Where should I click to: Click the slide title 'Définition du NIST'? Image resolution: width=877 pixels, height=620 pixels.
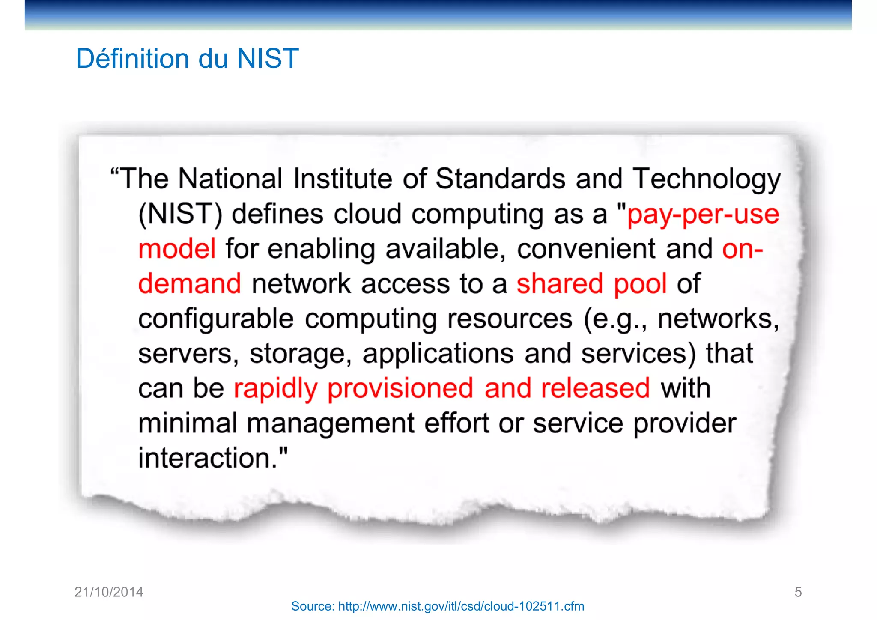(187, 58)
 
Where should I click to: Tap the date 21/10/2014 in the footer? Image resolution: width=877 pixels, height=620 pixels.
(109, 592)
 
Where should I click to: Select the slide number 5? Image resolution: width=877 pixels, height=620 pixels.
(798, 592)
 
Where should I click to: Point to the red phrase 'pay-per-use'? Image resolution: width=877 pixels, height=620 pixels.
(703, 214)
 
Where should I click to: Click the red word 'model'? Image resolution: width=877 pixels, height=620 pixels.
(177, 249)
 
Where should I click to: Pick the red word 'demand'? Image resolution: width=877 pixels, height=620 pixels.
(190, 284)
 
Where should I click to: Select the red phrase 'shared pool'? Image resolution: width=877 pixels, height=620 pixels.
(591, 284)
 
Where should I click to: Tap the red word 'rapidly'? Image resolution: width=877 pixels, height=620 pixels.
(275, 389)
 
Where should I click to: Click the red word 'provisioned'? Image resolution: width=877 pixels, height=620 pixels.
(400, 389)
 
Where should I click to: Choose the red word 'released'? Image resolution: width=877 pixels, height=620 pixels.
(596, 388)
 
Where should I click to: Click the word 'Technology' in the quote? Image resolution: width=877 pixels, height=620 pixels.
(707, 179)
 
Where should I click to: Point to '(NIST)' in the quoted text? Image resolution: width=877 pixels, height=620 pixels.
(180, 214)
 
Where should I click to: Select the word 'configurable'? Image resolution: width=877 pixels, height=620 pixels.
(216, 319)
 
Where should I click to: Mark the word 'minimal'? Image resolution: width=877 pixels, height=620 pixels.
(188, 423)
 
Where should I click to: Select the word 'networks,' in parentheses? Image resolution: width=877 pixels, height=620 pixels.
(718, 319)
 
